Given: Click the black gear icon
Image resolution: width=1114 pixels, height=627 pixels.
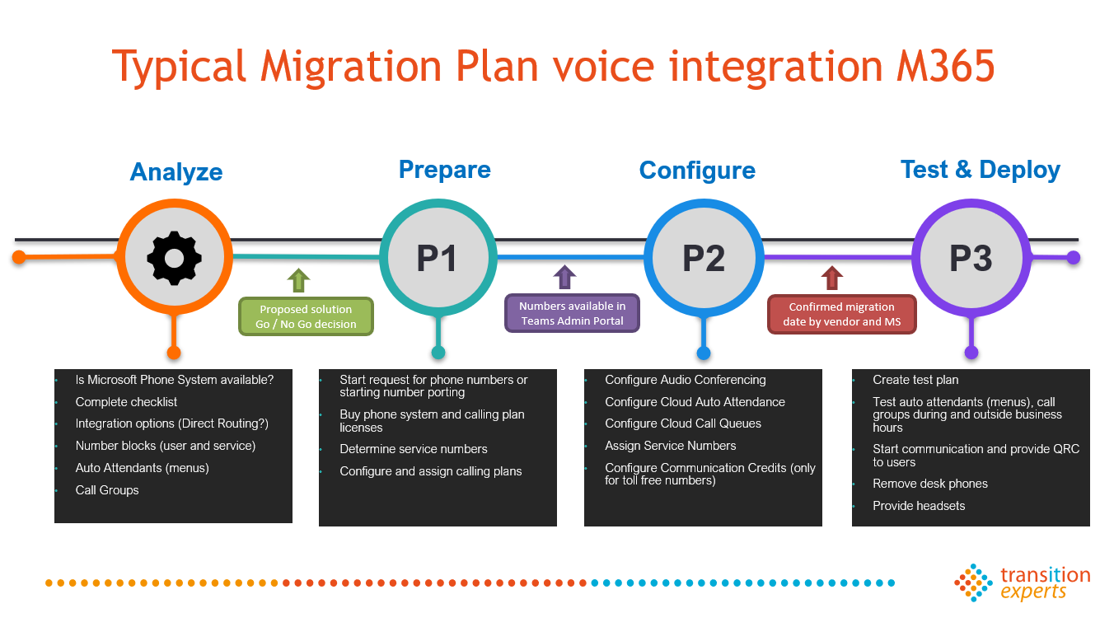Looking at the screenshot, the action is (174, 258).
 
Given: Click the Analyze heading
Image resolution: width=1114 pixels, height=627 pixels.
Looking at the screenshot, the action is (176, 172).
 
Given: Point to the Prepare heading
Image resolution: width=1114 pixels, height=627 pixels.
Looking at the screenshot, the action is (445, 170).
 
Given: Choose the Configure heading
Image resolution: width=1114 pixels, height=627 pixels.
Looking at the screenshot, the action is (697, 171).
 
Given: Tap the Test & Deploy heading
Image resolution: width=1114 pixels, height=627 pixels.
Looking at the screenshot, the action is (981, 170).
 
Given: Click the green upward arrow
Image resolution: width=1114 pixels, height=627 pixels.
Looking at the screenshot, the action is (298, 280).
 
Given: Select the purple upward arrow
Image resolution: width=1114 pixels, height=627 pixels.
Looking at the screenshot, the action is (564, 277).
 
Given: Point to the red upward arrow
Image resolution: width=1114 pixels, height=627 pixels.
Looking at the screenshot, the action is (831, 278).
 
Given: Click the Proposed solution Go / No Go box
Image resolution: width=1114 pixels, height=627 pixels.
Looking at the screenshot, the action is (306, 316).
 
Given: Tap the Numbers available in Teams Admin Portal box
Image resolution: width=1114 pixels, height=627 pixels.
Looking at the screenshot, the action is (572, 313).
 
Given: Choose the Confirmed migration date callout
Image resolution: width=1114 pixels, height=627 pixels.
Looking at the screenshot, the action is (841, 314).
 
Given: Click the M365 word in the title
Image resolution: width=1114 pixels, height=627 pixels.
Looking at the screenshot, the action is (945, 66).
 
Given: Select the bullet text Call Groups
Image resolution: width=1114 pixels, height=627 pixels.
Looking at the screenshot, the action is (107, 490).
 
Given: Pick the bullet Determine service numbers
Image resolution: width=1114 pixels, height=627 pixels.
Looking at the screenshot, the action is (414, 449).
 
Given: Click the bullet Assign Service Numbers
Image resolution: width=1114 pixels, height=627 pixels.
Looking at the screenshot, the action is (671, 446).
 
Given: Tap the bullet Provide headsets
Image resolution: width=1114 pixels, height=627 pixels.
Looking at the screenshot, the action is (919, 506).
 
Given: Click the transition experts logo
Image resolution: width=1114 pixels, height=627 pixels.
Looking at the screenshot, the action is (1022, 583).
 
